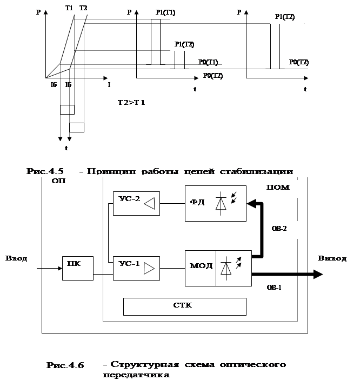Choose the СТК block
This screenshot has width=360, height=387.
(185, 306)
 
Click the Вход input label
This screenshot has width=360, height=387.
(17, 259)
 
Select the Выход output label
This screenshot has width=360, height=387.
(331, 258)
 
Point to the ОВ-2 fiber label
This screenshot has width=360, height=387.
(279, 229)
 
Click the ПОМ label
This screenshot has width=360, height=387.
(278, 188)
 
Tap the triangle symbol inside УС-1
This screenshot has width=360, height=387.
(149, 268)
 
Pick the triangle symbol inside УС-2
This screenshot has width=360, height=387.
(150, 204)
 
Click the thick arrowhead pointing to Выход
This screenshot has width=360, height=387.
(317, 275)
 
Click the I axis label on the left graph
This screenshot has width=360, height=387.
(109, 85)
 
